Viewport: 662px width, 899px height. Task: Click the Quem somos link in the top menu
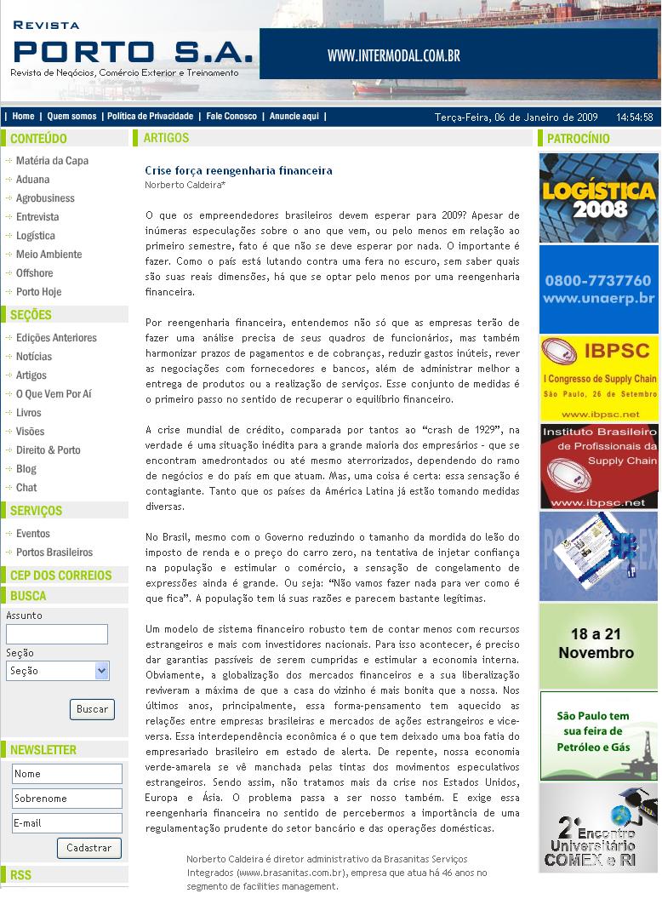pos(71,117)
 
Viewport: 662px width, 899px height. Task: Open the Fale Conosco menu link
pos(231,117)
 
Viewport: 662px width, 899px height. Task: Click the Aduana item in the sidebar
pos(33,180)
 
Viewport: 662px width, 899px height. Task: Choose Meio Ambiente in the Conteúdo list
pos(49,255)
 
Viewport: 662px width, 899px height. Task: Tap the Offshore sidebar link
pos(35,273)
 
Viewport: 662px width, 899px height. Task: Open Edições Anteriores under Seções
pos(56,338)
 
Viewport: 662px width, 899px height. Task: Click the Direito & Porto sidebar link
pos(49,450)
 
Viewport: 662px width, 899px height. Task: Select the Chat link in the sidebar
pos(26,488)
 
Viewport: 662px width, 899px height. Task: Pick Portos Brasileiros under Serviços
pos(54,553)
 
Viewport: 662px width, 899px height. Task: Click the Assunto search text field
pos(57,634)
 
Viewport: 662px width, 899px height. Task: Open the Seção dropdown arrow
pos(102,671)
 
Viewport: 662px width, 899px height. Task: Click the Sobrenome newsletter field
pos(67,799)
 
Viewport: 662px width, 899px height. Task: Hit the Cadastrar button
pos(89,848)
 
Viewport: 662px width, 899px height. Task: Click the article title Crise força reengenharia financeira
pos(238,171)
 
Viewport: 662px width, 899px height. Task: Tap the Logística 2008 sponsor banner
pos(599,198)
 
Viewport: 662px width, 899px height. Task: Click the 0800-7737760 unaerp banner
pos(599,289)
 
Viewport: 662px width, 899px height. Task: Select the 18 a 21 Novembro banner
pos(599,644)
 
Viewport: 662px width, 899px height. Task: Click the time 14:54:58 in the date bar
pos(635,117)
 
